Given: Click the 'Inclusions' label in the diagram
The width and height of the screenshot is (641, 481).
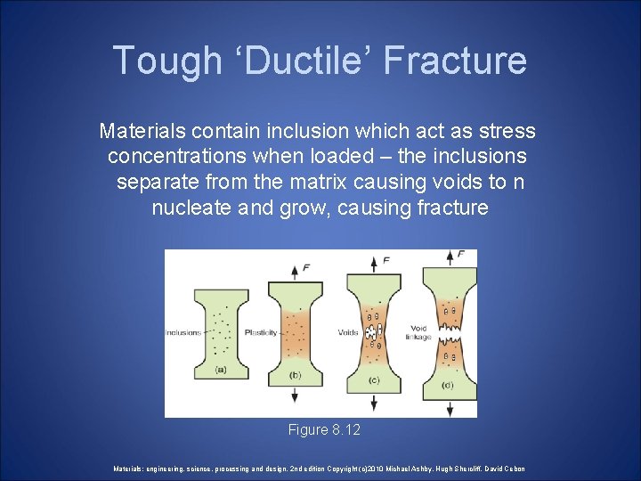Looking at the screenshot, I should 183,333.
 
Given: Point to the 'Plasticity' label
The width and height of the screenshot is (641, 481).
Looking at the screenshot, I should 262,333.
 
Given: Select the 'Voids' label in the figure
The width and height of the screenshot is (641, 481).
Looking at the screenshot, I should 347,333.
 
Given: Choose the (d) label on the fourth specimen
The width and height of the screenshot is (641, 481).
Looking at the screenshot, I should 449,384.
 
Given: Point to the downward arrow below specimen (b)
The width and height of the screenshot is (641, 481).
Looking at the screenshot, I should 296,396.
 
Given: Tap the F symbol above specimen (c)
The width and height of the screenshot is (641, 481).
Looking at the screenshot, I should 385,260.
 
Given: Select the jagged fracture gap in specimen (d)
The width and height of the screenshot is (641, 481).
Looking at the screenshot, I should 450,334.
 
